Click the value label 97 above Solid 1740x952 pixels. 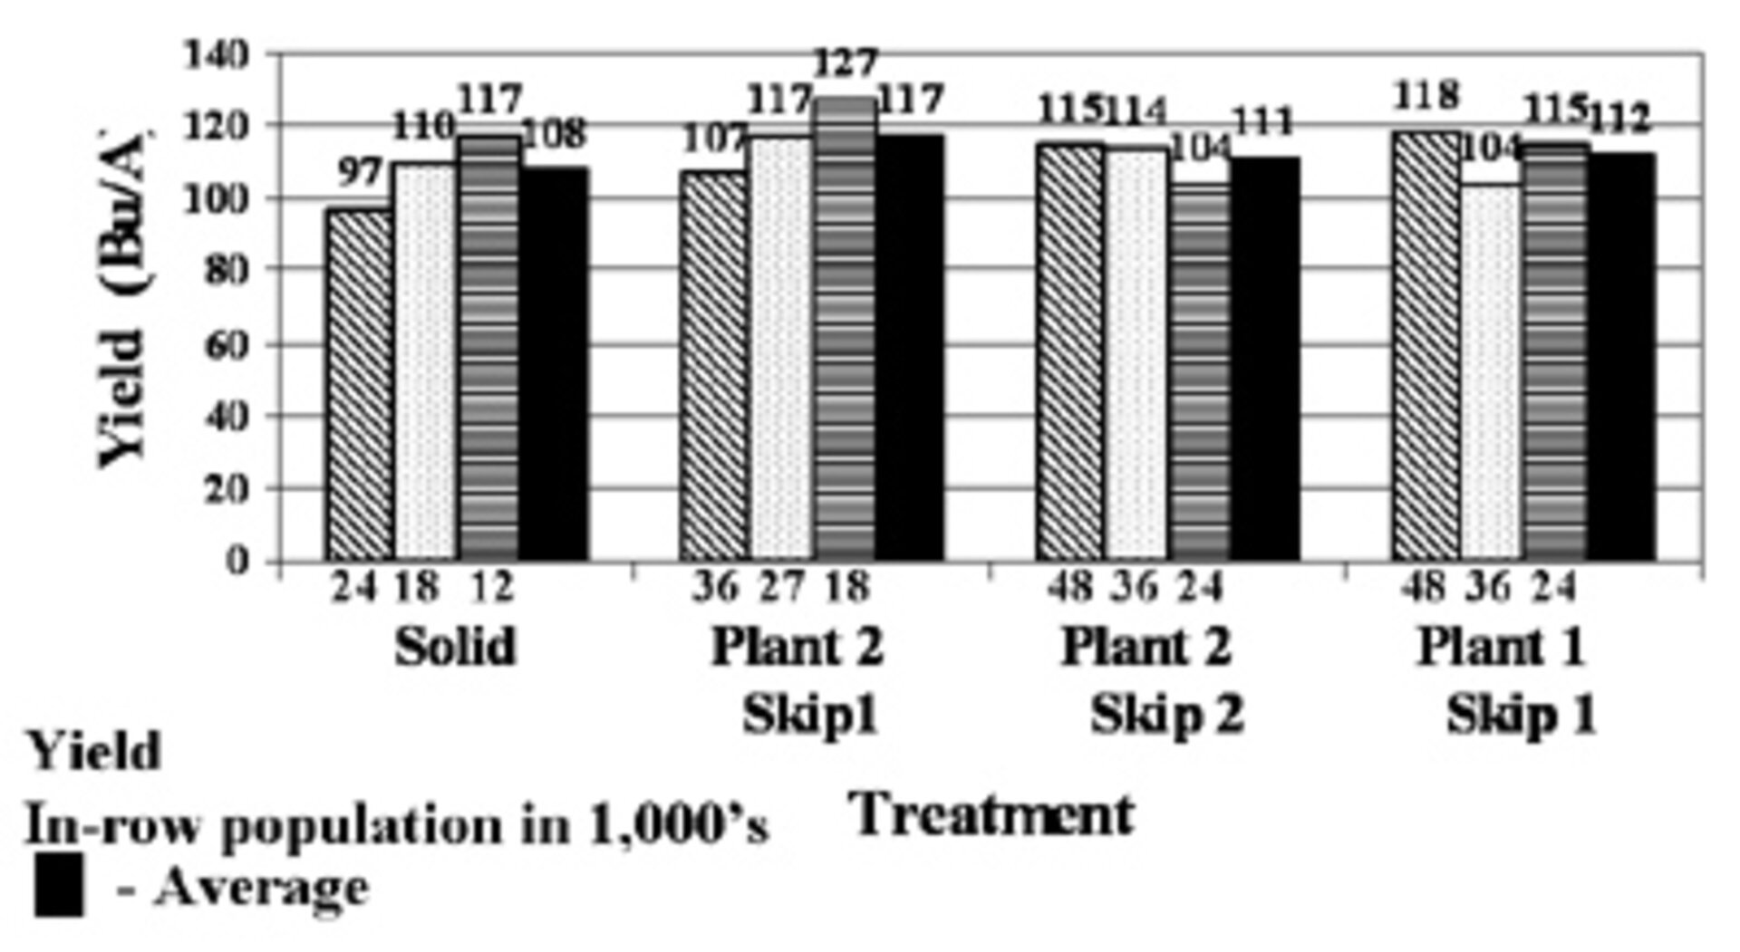[x=360, y=172]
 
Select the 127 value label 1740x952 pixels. [x=845, y=64]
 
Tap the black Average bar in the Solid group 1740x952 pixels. [x=554, y=362]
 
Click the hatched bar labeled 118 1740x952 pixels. [x=1426, y=344]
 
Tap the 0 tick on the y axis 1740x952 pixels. [x=237, y=562]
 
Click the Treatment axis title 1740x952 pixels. [x=992, y=814]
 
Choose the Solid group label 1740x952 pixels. [x=455, y=647]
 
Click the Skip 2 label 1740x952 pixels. [x=1166, y=716]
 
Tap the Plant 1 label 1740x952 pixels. [x=1501, y=647]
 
